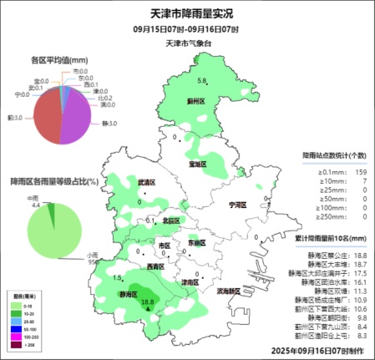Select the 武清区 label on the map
click(148, 182)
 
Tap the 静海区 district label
click(128, 295)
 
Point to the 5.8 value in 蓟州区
click(201, 81)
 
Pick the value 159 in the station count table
click(360, 172)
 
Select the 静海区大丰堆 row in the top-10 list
click(327, 264)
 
